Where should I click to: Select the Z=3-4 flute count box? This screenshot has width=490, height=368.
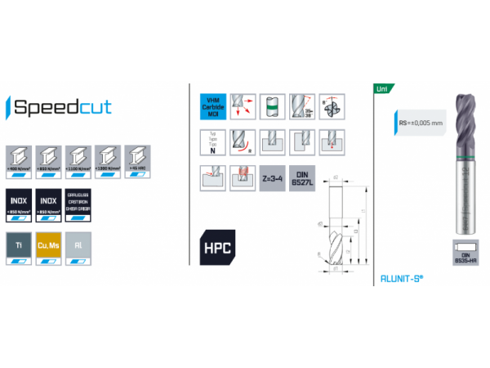(x=273, y=177)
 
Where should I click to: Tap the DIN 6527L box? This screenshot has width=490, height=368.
(x=303, y=177)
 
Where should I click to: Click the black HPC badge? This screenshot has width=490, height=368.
(x=216, y=248)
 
